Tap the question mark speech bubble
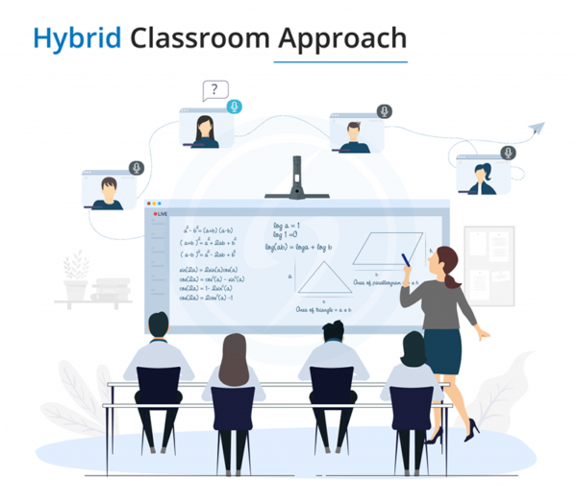216,92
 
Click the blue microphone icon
235,107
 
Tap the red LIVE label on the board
159,214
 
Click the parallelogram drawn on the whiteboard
383,251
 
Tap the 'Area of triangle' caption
322,310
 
